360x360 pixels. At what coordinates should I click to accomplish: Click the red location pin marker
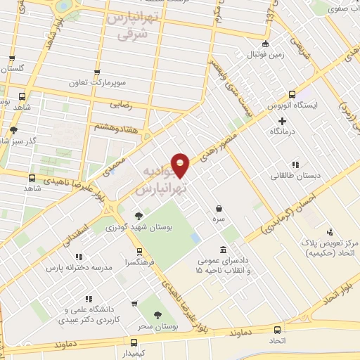[x=181, y=165]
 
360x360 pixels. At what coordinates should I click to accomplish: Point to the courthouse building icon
[x=223, y=250]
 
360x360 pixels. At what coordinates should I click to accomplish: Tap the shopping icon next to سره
[x=220, y=209]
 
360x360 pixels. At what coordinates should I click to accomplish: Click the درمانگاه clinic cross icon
[x=282, y=121]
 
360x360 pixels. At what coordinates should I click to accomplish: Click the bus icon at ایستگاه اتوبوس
[x=292, y=95]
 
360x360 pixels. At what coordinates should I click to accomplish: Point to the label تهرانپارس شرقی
[x=128, y=25]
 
